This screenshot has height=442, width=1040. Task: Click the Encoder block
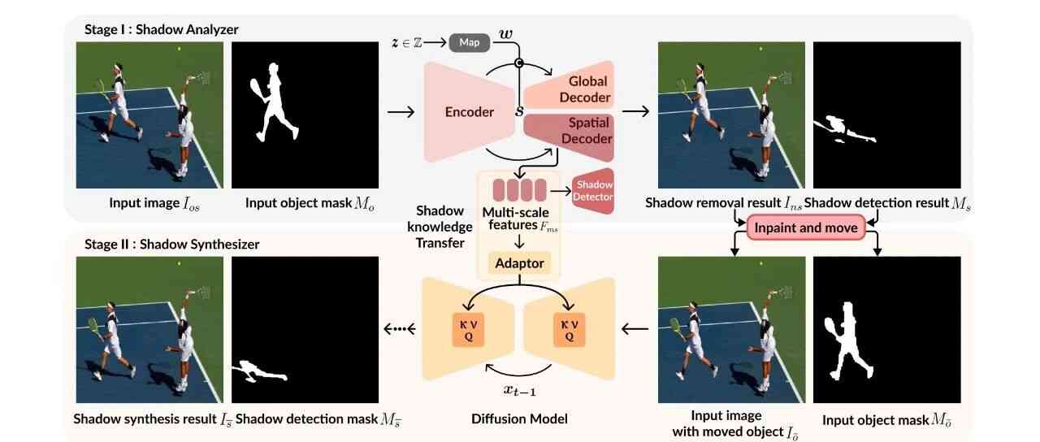[469, 112]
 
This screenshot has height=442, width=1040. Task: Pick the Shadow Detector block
[593, 191]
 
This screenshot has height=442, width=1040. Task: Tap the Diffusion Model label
[519, 419]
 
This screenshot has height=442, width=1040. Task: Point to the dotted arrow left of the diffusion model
[399, 328]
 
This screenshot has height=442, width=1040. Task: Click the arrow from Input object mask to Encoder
[401, 111]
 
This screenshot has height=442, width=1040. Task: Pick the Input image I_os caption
[153, 203]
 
